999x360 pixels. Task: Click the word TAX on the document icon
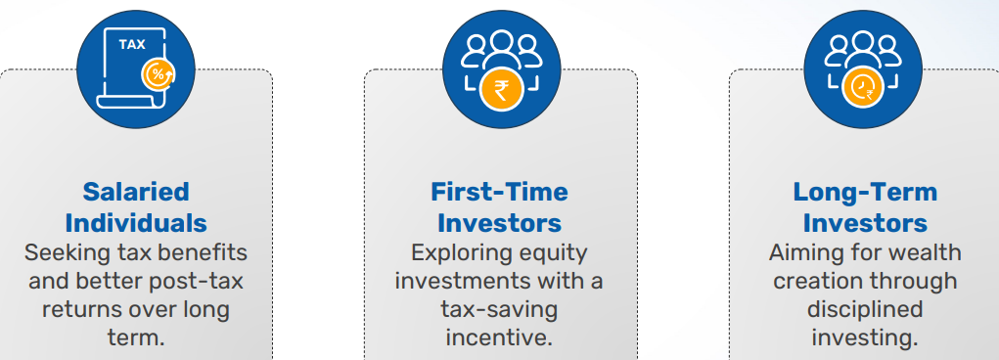(x=132, y=45)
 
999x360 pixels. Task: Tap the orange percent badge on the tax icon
(x=158, y=75)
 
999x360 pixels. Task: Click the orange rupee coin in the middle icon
(x=501, y=90)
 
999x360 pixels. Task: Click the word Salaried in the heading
(x=136, y=192)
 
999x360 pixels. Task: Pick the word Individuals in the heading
(x=136, y=223)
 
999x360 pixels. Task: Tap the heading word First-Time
(x=499, y=192)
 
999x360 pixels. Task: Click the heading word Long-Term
(x=865, y=192)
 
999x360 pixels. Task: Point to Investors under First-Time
(x=499, y=223)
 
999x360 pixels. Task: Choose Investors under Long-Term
(x=865, y=223)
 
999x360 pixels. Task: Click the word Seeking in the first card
(x=59, y=253)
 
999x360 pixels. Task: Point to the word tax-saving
(x=499, y=310)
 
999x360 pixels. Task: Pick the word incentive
(x=499, y=337)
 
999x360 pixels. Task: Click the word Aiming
(x=800, y=253)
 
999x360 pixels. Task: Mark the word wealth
(x=924, y=252)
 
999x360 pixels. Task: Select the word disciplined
(x=865, y=310)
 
